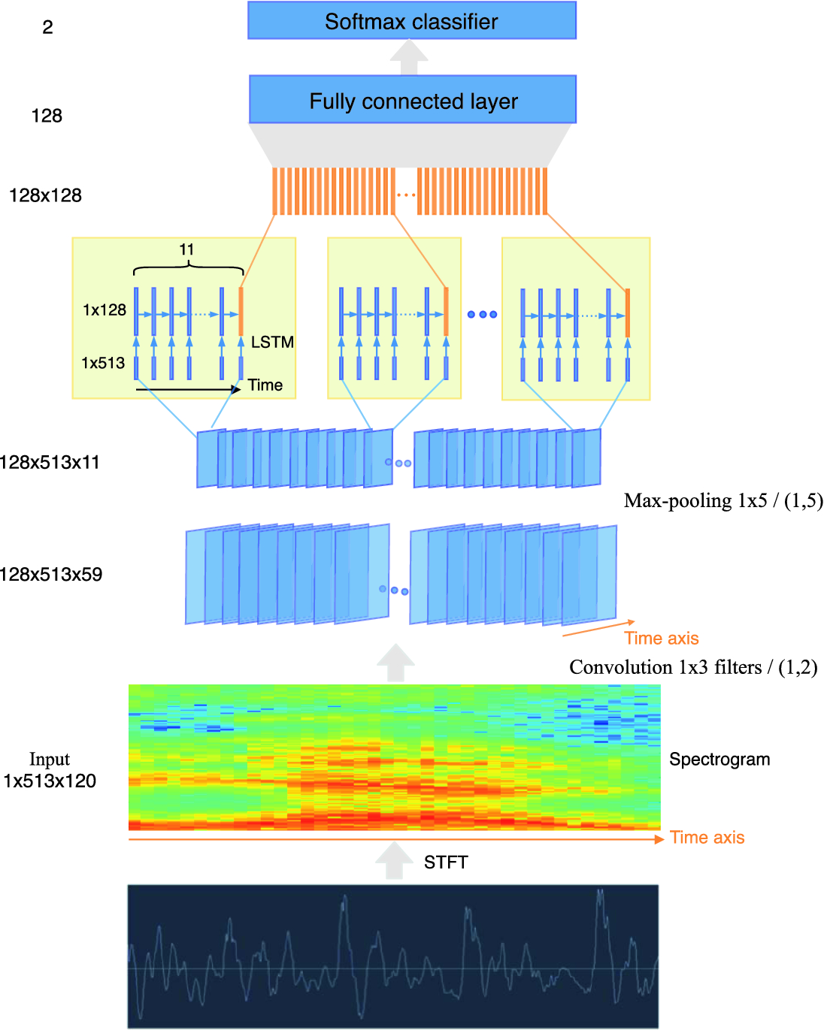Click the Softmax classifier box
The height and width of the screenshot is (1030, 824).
411,21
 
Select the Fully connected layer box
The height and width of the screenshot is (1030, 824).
413,100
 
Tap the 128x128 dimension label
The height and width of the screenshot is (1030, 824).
45,195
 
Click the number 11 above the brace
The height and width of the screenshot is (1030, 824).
186,249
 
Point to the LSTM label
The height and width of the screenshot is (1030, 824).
272,343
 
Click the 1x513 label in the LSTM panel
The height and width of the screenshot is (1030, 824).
103,363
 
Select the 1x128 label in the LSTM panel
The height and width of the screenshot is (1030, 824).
105,310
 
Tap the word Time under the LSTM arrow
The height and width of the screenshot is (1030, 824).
265,385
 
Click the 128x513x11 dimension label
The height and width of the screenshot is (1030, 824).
50,462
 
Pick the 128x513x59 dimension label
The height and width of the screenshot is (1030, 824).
51,575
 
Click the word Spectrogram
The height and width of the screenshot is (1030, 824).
719,760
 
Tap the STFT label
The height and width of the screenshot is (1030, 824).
446,862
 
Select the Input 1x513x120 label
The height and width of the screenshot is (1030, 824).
50,771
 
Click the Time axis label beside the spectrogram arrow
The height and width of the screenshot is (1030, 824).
707,838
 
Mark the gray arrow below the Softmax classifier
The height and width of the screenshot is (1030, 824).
408,57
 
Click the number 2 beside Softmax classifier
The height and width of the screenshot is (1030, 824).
47,28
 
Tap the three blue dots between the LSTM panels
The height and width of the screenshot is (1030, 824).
482,314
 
